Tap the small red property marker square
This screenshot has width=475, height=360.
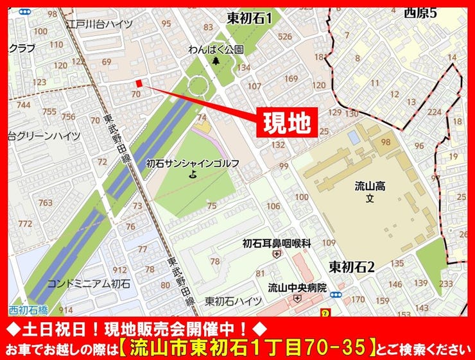coord(140,83)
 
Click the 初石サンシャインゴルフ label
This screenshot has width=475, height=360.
coord(193,163)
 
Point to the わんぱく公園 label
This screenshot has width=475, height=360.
coord(216,49)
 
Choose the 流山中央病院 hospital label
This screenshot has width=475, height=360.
coord(297,287)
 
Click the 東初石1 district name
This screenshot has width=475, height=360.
coord(249,18)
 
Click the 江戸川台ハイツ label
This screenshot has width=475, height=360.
coord(99,24)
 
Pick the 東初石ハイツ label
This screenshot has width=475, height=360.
coord(234,301)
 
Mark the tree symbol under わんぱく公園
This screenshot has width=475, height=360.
coord(216,61)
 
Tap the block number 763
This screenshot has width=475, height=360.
coord(45,202)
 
